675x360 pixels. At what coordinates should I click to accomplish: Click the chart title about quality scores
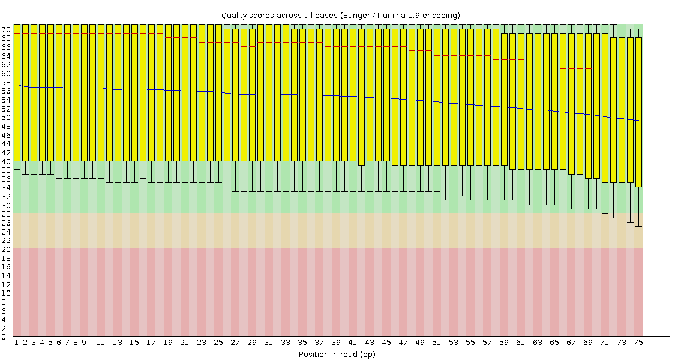[341, 16]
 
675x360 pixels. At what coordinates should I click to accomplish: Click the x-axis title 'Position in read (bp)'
[337, 355]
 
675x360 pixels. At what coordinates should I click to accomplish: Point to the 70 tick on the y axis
[6, 30]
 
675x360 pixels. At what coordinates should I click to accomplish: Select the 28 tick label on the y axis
[6, 214]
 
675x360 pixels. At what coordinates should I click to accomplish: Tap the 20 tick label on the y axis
[6, 250]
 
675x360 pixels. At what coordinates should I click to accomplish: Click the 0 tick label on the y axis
[4, 337]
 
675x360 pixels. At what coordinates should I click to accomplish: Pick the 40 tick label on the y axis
[6, 161]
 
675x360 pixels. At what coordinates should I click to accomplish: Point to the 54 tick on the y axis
[6, 100]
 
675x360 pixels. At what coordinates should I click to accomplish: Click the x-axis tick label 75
[638, 343]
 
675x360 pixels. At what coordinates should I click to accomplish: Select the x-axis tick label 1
[16, 343]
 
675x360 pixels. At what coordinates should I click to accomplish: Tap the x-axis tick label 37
[319, 343]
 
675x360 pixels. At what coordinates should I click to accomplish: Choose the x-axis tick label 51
[437, 343]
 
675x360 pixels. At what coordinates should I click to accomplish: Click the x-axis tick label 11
[100, 343]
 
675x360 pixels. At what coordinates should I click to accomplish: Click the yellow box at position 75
[638, 112]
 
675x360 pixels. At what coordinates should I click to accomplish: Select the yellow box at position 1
[17, 92]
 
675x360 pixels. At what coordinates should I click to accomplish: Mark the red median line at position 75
[638, 77]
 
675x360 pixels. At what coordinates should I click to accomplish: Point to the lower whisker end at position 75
[638, 227]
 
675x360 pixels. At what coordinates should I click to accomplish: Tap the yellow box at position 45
[386, 95]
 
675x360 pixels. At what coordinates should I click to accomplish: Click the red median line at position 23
[202, 42]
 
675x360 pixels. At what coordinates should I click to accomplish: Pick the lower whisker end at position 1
[17, 170]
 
